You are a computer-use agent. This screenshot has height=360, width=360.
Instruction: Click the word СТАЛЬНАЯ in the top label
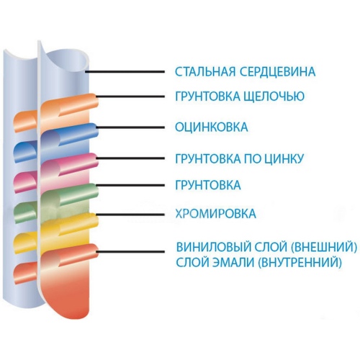(x=205, y=71)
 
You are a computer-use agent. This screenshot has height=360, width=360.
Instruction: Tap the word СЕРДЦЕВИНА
(x=277, y=71)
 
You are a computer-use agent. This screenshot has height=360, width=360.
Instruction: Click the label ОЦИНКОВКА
(x=212, y=127)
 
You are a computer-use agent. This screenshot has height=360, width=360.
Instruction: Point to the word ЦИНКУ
(x=284, y=158)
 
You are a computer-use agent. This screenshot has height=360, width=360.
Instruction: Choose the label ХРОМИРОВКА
(x=215, y=213)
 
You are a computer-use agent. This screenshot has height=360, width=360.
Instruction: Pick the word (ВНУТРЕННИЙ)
(x=300, y=262)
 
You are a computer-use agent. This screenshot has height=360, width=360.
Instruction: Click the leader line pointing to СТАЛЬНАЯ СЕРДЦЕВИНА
(x=125, y=71)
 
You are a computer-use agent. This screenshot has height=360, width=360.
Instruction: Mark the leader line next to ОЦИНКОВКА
(x=130, y=127)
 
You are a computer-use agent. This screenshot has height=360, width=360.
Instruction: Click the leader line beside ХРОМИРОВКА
(x=130, y=214)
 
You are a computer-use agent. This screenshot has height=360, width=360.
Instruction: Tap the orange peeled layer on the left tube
(x=25, y=121)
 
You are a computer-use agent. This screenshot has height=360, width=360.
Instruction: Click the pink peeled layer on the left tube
(x=25, y=182)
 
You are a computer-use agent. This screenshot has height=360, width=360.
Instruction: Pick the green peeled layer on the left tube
(x=25, y=212)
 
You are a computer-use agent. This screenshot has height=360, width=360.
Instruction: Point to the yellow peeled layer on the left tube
(x=25, y=243)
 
